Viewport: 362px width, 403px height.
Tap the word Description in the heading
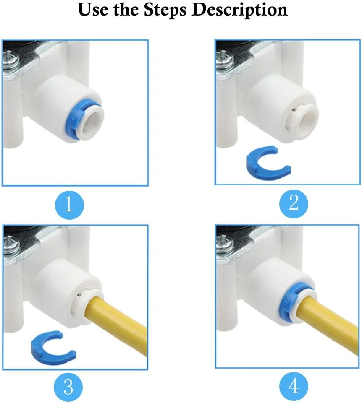point(240,10)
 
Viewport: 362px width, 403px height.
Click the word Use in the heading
point(93,10)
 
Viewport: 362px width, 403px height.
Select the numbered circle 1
point(70,205)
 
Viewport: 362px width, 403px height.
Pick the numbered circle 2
point(294,204)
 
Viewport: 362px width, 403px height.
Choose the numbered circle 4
point(294,386)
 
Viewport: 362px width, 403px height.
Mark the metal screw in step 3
point(12,246)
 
